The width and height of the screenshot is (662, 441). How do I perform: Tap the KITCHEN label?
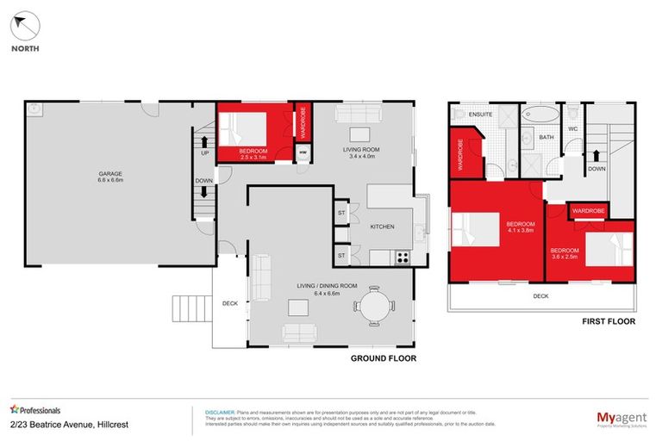382,227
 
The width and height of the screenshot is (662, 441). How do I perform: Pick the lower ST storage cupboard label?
341,256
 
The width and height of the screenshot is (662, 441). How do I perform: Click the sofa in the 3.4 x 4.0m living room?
358,115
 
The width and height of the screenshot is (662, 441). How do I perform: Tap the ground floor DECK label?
229,302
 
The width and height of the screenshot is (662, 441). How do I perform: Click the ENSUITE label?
479,113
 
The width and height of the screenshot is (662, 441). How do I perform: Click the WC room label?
571,129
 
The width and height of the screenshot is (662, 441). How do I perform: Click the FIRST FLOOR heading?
609,321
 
